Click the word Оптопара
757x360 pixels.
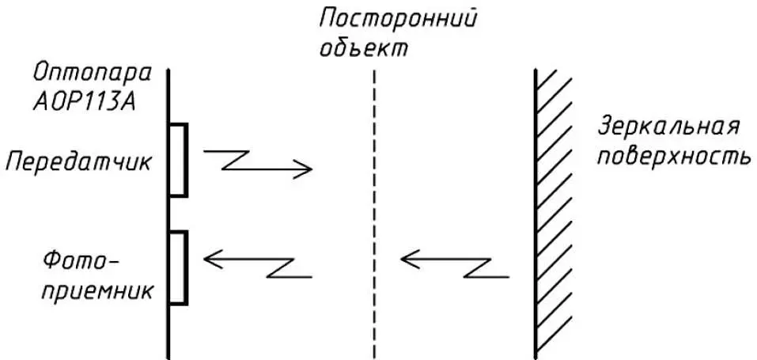93,74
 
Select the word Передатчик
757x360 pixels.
78,162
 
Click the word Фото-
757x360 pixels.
81,263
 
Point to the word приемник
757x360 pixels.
98,291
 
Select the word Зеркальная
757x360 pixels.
668,128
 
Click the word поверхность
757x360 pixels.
674,156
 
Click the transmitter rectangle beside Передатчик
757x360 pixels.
178,160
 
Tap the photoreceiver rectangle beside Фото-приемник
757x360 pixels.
178,268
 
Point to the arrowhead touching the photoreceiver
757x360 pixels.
213,259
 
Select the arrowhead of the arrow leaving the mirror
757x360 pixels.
410,259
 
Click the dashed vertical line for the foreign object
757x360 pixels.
374,214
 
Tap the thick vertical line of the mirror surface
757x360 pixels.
536,214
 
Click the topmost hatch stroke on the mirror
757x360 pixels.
547,78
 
